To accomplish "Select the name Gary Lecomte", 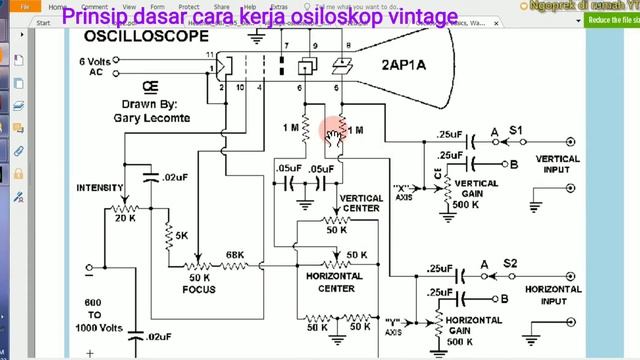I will (153, 116).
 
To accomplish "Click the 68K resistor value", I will (235, 255).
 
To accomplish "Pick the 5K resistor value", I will (182, 236).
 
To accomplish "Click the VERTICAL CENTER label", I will (361, 204).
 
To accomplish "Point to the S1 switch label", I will (516, 130).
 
